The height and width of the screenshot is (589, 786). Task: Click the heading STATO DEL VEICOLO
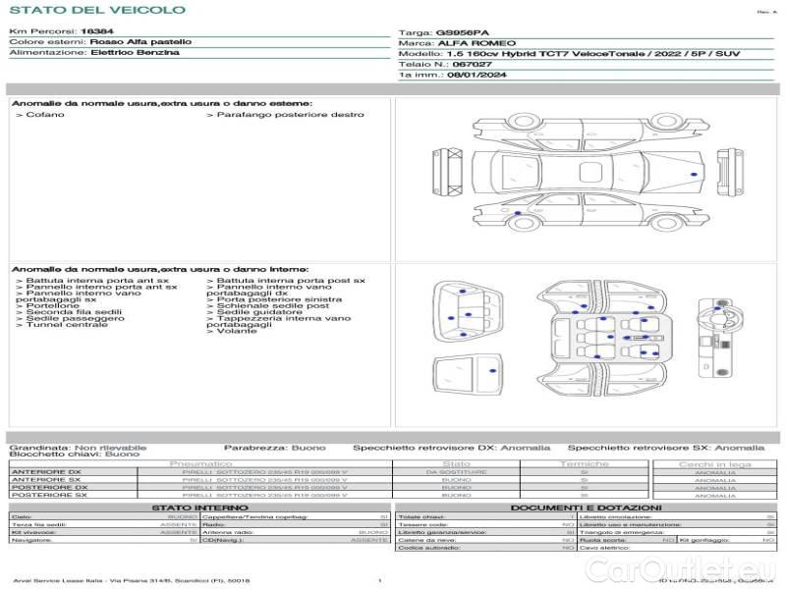tap(96, 10)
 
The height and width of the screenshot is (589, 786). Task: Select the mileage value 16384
tap(97, 32)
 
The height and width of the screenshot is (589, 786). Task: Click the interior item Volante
tap(236, 331)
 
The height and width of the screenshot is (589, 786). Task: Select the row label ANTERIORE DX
tap(46, 472)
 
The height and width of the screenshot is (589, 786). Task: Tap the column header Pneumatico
tap(201, 463)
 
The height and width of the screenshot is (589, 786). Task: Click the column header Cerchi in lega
tap(714, 463)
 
